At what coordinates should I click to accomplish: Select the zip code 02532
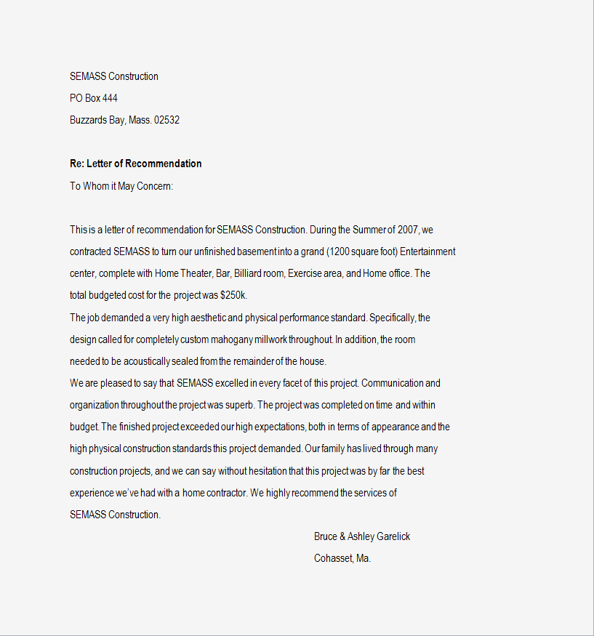166,120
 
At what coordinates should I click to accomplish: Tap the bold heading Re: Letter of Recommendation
136,164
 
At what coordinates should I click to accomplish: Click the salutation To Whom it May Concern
121,186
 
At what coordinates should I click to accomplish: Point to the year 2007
408,230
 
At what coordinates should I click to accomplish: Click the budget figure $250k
233,296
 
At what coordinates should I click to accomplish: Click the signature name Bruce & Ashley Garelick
362,536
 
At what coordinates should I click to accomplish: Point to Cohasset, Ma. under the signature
342,558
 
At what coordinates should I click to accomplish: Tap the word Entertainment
428,251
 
